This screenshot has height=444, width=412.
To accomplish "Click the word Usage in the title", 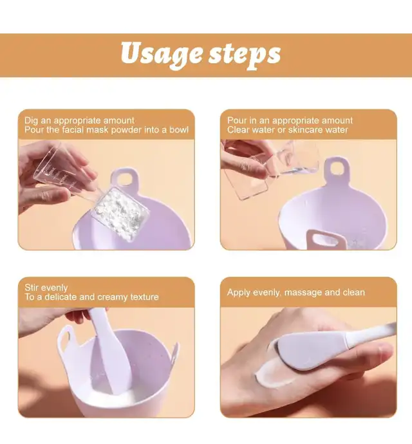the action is (161, 54).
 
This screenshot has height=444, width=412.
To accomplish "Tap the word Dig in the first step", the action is (31, 120).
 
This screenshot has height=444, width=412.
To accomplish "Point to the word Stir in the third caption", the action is (32, 288).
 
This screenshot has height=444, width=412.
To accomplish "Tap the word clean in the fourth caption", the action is (354, 292).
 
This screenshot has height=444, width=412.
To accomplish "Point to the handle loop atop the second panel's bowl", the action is (337, 169).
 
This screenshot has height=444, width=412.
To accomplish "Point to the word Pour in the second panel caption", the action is (237, 120).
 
